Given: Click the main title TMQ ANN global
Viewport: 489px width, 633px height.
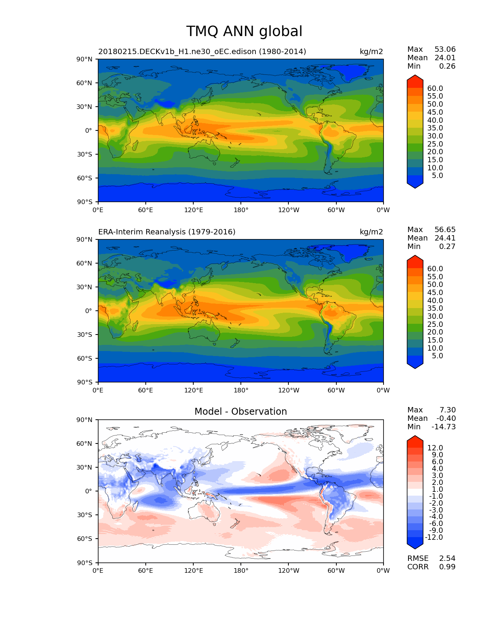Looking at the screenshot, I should [x=244, y=31].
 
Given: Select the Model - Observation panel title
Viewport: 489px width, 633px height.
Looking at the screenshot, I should [x=240, y=412].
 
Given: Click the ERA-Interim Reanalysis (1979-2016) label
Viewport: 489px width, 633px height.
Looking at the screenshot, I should [x=167, y=232].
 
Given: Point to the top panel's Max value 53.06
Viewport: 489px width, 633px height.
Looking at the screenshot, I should [x=445, y=49].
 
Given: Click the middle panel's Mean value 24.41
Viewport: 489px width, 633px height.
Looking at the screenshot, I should [x=445, y=238].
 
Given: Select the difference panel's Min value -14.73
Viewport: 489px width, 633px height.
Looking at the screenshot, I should [x=444, y=427].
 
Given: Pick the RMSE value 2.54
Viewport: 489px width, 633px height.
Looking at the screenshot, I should [x=447, y=559].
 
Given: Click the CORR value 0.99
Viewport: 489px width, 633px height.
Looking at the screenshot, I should [x=447, y=567].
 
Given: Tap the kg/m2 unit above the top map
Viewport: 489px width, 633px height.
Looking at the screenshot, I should [x=371, y=52].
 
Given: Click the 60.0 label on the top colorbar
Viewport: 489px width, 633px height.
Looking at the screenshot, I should [x=435, y=89].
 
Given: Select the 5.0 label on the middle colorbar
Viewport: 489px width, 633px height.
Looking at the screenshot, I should [x=437, y=356].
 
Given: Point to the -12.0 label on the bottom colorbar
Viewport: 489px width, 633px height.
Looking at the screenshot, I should [x=434, y=537].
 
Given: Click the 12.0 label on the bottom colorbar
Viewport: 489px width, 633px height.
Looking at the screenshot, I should [x=435, y=448].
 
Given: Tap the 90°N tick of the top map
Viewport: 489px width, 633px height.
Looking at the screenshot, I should [x=85, y=59].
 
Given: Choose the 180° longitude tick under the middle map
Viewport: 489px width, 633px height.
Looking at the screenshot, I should [x=241, y=391].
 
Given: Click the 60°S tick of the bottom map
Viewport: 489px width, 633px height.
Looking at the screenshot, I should [x=85, y=539].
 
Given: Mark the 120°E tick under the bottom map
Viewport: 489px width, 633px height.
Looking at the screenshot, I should [x=193, y=571].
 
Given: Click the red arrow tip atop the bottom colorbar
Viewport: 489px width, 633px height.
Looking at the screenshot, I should [x=415, y=439].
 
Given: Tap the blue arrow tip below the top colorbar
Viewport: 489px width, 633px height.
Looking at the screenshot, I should [x=415, y=185].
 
